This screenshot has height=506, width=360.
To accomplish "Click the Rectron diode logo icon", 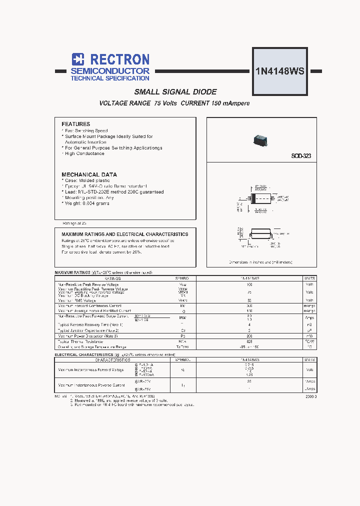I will (77, 59).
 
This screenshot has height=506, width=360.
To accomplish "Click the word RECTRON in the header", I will (118, 59).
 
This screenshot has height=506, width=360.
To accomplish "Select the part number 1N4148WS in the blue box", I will (279, 70).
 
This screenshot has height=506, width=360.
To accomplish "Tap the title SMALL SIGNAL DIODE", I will (175, 92).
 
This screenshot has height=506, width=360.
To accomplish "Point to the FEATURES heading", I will (75, 124).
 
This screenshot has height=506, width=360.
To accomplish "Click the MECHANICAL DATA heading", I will (89, 174).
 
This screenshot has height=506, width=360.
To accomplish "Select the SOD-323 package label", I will (301, 156).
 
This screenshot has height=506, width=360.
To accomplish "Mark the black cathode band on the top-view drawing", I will (253, 198).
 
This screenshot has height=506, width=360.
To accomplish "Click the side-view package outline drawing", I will (261, 233).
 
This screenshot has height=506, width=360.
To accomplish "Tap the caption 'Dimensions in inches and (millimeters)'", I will (260, 262).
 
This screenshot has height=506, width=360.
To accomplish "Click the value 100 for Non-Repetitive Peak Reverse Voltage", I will (249, 284).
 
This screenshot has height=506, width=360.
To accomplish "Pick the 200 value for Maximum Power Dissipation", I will (249, 336).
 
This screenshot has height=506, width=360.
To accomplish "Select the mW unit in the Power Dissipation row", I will (309, 336).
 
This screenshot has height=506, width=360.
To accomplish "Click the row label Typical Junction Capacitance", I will (88, 330).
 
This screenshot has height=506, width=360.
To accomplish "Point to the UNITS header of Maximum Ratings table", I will (309, 277).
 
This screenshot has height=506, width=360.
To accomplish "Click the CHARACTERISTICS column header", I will (112, 359).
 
